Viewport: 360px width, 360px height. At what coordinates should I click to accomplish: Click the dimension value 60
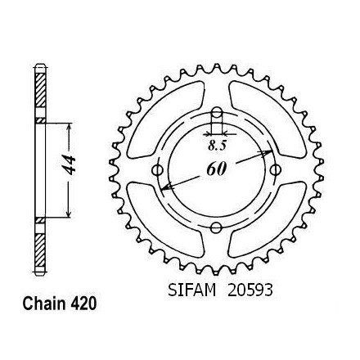coord(217,169)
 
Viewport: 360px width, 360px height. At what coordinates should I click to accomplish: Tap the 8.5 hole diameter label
coord(218,146)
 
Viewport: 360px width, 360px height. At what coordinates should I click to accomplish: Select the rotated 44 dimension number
coord(68,165)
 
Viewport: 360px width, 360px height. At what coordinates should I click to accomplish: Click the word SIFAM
coord(191,290)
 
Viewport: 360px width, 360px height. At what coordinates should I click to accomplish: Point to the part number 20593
coord(250,290)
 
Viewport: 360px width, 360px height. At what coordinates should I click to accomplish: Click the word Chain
coord(44,304)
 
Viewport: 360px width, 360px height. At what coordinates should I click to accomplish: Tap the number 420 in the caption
coord(83,304)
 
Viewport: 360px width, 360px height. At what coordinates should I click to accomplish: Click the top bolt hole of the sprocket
coord(217,112)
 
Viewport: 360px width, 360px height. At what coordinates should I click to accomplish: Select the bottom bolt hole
coord(216,227)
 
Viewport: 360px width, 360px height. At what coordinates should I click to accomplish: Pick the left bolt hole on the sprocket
coord(157,170)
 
